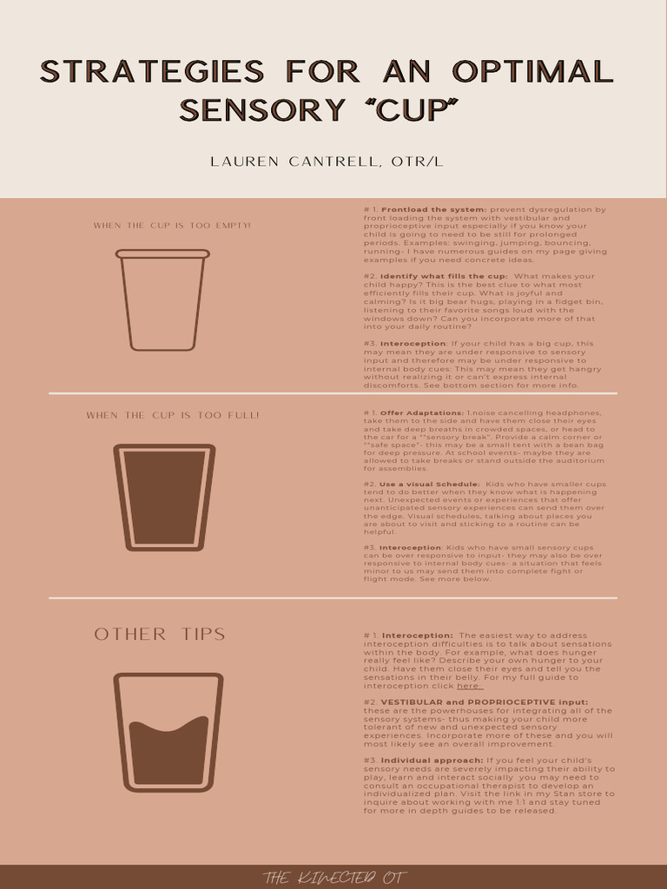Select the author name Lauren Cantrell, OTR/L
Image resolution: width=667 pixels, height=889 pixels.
pos(333,161)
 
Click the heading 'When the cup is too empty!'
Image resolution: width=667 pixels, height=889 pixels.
pos(172,226)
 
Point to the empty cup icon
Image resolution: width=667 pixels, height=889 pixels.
pos(163,300)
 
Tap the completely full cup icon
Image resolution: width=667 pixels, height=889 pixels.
pos(164,497)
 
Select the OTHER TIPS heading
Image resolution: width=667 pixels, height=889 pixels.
pos(160,634)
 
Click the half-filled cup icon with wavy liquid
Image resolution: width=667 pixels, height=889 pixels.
pos(168,731)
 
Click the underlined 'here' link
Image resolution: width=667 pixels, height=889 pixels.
pos(469,686)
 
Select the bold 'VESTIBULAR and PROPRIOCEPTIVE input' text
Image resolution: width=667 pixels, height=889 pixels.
pos(484,701)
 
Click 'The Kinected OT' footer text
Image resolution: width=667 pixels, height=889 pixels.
pos(333,877)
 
